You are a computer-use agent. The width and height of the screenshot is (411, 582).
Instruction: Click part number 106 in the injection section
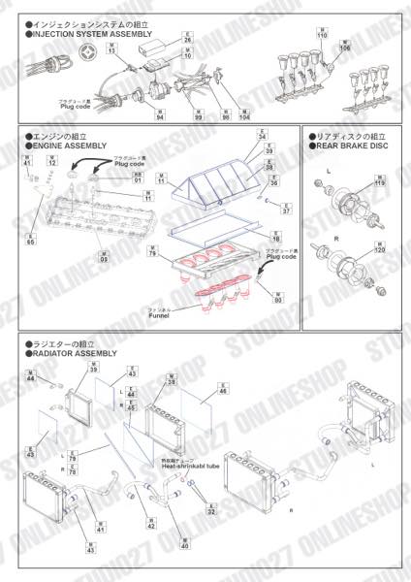click(345, 47)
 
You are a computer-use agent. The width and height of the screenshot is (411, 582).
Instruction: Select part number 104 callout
click(244, 117)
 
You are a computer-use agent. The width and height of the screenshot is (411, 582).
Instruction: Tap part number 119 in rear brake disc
click(379, 183)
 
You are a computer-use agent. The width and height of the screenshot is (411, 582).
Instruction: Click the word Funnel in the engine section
click(160, 316)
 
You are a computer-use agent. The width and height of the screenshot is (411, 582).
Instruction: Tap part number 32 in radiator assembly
click(212, 511)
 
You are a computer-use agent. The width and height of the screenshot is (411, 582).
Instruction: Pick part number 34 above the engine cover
click(262, 138)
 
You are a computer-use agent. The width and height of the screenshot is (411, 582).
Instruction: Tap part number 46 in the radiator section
click(223, 392)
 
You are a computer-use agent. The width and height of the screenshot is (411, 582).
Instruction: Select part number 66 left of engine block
click(31, 239)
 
